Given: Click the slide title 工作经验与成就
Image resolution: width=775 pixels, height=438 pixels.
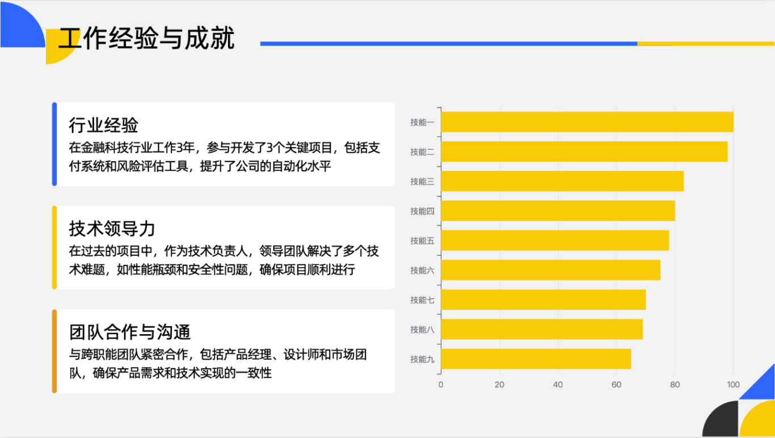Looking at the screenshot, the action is [147, 38].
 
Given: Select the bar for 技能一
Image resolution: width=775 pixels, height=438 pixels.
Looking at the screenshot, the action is [587, 122].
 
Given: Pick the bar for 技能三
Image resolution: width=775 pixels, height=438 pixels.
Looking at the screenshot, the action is [562, 181].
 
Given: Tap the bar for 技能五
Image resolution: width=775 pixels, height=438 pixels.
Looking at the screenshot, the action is [555, 241].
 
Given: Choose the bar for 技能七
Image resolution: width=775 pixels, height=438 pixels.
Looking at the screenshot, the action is [543, 300].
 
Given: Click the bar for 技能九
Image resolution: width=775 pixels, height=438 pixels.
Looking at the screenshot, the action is [536, 359].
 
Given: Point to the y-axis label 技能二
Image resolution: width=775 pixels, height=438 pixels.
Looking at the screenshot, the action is [422, 152].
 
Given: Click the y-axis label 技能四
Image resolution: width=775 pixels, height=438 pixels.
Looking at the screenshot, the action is [422, 211].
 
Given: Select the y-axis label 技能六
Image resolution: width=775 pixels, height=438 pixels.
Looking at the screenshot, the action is [422, 270].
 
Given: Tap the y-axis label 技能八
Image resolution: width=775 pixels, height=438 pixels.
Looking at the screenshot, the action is [422, 330].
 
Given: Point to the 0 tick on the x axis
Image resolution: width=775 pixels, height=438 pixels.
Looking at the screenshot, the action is [441, 384].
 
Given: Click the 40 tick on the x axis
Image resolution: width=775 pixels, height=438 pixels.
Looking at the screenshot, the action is [558, 384].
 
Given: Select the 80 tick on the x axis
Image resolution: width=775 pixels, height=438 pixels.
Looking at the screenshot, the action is [675, 384].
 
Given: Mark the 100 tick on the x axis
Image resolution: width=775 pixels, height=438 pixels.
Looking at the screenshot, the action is [733, 384].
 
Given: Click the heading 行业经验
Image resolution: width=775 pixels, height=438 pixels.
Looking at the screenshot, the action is [103, 125].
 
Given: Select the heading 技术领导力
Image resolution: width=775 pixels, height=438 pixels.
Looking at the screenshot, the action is [112, 228].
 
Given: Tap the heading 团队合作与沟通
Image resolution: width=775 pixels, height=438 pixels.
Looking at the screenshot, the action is [130, 332].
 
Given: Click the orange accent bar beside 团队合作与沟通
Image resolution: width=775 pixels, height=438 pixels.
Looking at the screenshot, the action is [54, 351].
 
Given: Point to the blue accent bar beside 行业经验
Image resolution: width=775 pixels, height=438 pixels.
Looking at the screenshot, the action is [54, 144].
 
